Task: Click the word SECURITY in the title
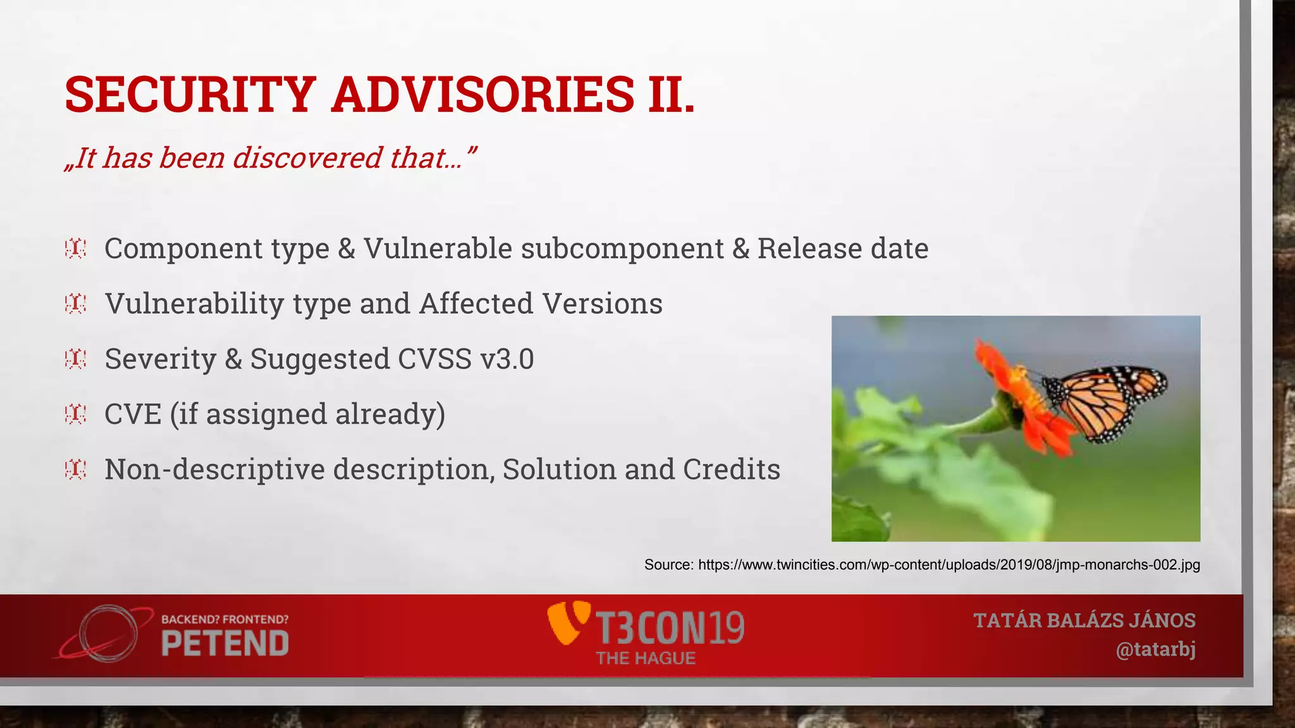pos(190,95)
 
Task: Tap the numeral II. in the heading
pos(671,95)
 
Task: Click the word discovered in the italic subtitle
pos(307,157)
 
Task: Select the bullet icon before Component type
pos(75,248)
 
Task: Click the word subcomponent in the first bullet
pos(622,248)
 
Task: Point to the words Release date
pos(842,248)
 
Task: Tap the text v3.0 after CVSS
pos(507,359)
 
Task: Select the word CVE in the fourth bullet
pos(133,415)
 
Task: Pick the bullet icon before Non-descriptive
pos(75,470)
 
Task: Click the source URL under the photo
pos(948,564)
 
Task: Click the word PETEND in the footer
pos(225,644)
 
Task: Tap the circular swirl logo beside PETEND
pos(107,634)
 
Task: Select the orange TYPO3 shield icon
pos(568,623)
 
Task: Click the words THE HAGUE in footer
pos(646,658)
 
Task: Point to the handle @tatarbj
pos(1155,650)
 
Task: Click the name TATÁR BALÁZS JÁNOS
pos(1084,621)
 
